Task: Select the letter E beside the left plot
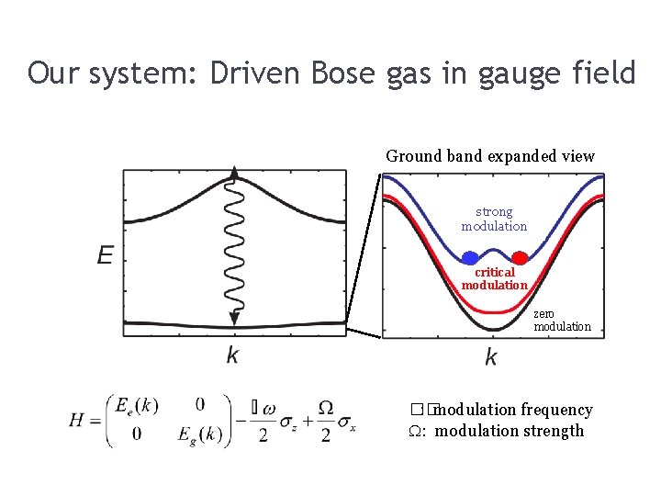click(x=106, y=254)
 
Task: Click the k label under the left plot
click(x=232, y=355)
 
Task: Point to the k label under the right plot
click(x=491, y=357)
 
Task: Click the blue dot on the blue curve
click(x=470, y=258)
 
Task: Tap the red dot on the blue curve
click(x=519, y=258)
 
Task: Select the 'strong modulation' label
click(x=494, y=219)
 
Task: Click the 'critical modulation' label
click(x=494, y=278)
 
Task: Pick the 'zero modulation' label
click(x=562, y=320)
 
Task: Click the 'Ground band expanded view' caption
click(x=490, y=156)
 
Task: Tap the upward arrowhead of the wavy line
click(x=235, y=173)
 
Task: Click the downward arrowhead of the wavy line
click(x=235, y=318)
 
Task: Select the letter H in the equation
click(x=77, y=420)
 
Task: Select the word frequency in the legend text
click(x=556, y=410)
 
